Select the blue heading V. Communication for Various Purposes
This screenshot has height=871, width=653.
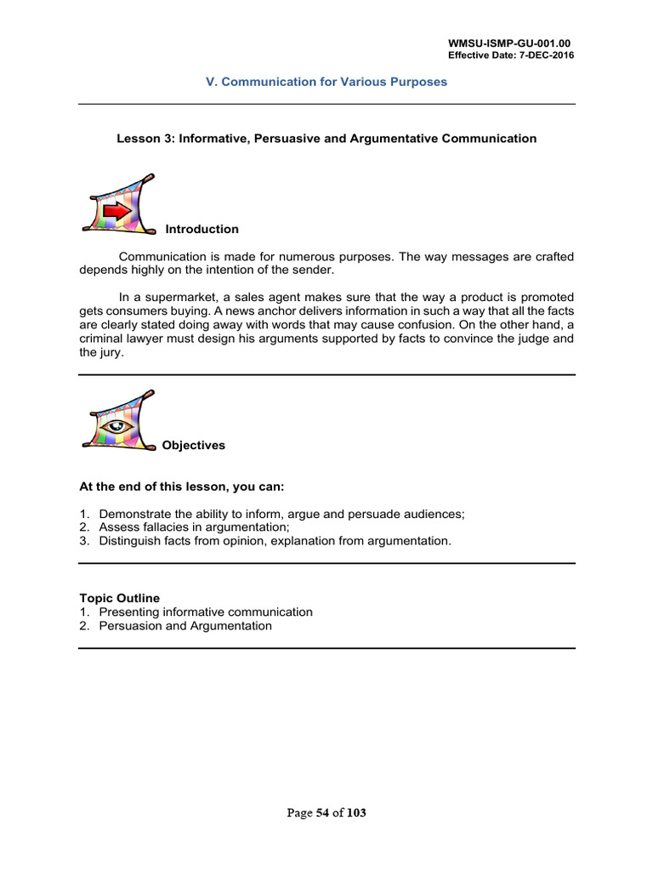(x=326, y=83)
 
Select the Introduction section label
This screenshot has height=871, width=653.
(x=202, y=230)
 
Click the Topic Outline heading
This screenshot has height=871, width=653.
(x=119, y=599)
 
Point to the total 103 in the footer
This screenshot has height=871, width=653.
(x=356, y=813)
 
